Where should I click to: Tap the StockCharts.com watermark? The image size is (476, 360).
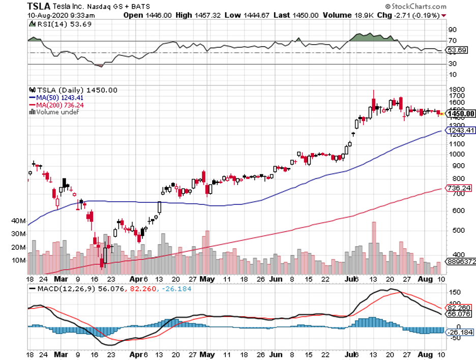click(x=416, y=7)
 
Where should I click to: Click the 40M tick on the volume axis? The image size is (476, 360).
click(x=18, y=221)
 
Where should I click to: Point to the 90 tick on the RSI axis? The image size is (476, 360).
click(x=451, y=30)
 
